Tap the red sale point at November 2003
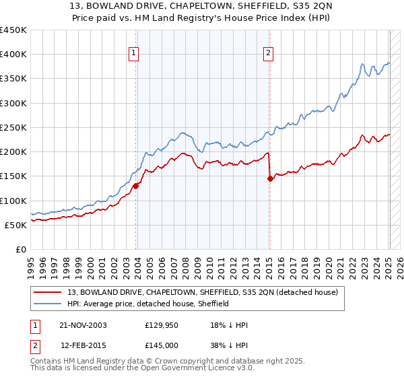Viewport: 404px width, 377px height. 136,186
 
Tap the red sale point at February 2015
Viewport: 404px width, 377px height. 270,178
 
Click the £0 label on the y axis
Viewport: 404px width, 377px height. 21,249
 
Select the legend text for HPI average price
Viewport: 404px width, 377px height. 148,304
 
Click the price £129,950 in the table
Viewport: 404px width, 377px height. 161,324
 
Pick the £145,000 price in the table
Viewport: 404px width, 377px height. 161,345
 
